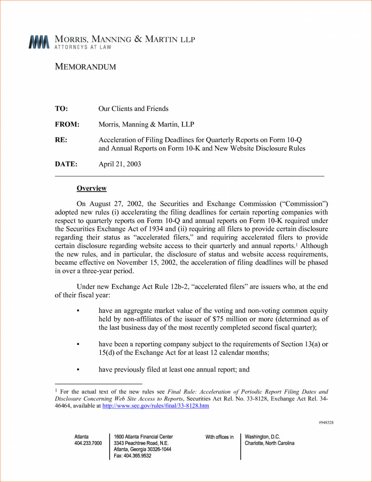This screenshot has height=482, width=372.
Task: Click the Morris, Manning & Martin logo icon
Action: [39, 42]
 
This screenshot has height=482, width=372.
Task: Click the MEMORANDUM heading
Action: [86, 67]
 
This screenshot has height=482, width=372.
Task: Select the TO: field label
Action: [61, 109]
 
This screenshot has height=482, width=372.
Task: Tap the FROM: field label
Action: [67, 125]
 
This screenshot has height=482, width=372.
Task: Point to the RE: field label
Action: [61, 140]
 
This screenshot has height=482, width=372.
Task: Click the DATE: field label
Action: [66, 164]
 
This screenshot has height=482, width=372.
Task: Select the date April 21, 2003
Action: [120, 164]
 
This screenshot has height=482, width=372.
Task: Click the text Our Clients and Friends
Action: [133, 109]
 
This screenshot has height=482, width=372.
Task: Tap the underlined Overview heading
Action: [92, 188]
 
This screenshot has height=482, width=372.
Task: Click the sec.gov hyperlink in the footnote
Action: [156, 406]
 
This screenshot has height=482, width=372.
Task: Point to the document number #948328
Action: [326, 423]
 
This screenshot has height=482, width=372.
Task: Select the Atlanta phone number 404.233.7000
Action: [88, 443]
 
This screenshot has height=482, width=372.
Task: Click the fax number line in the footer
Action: [133, 456]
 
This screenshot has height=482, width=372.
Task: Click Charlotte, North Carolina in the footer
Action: [269, 443]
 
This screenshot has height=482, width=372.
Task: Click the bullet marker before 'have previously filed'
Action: [78, 369]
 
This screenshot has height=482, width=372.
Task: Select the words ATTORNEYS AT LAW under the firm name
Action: [83, 47]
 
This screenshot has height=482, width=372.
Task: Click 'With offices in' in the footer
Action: [219, 437]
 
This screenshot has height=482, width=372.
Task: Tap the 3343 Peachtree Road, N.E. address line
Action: [141, 443]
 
